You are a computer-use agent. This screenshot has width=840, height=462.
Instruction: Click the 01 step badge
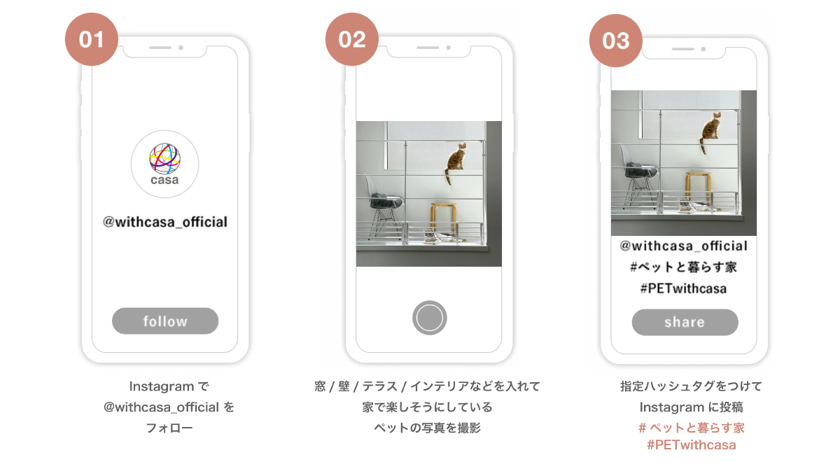92,39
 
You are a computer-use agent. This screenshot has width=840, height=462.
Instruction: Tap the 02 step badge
351,39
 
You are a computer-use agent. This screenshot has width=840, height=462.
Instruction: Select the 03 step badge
616,41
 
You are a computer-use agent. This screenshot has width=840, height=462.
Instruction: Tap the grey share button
685,322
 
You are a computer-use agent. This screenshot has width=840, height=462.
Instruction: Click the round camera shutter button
429,318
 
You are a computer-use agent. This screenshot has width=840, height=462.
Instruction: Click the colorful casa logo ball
164,159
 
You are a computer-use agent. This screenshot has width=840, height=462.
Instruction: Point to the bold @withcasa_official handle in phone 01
165,222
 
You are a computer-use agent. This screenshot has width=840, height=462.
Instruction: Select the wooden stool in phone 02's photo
444,219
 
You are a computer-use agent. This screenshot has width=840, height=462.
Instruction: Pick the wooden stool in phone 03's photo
699,188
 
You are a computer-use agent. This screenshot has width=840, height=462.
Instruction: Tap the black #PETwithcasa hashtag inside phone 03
683,288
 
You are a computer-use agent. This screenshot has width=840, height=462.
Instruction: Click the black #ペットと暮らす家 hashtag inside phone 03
683,267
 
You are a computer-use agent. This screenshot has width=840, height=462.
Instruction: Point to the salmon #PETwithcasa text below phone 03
691,445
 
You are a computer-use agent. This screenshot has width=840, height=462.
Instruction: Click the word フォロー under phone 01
169,428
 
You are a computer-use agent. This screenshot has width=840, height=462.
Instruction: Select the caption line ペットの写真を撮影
427,428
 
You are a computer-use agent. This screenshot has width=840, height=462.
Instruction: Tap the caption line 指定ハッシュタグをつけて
691,386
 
